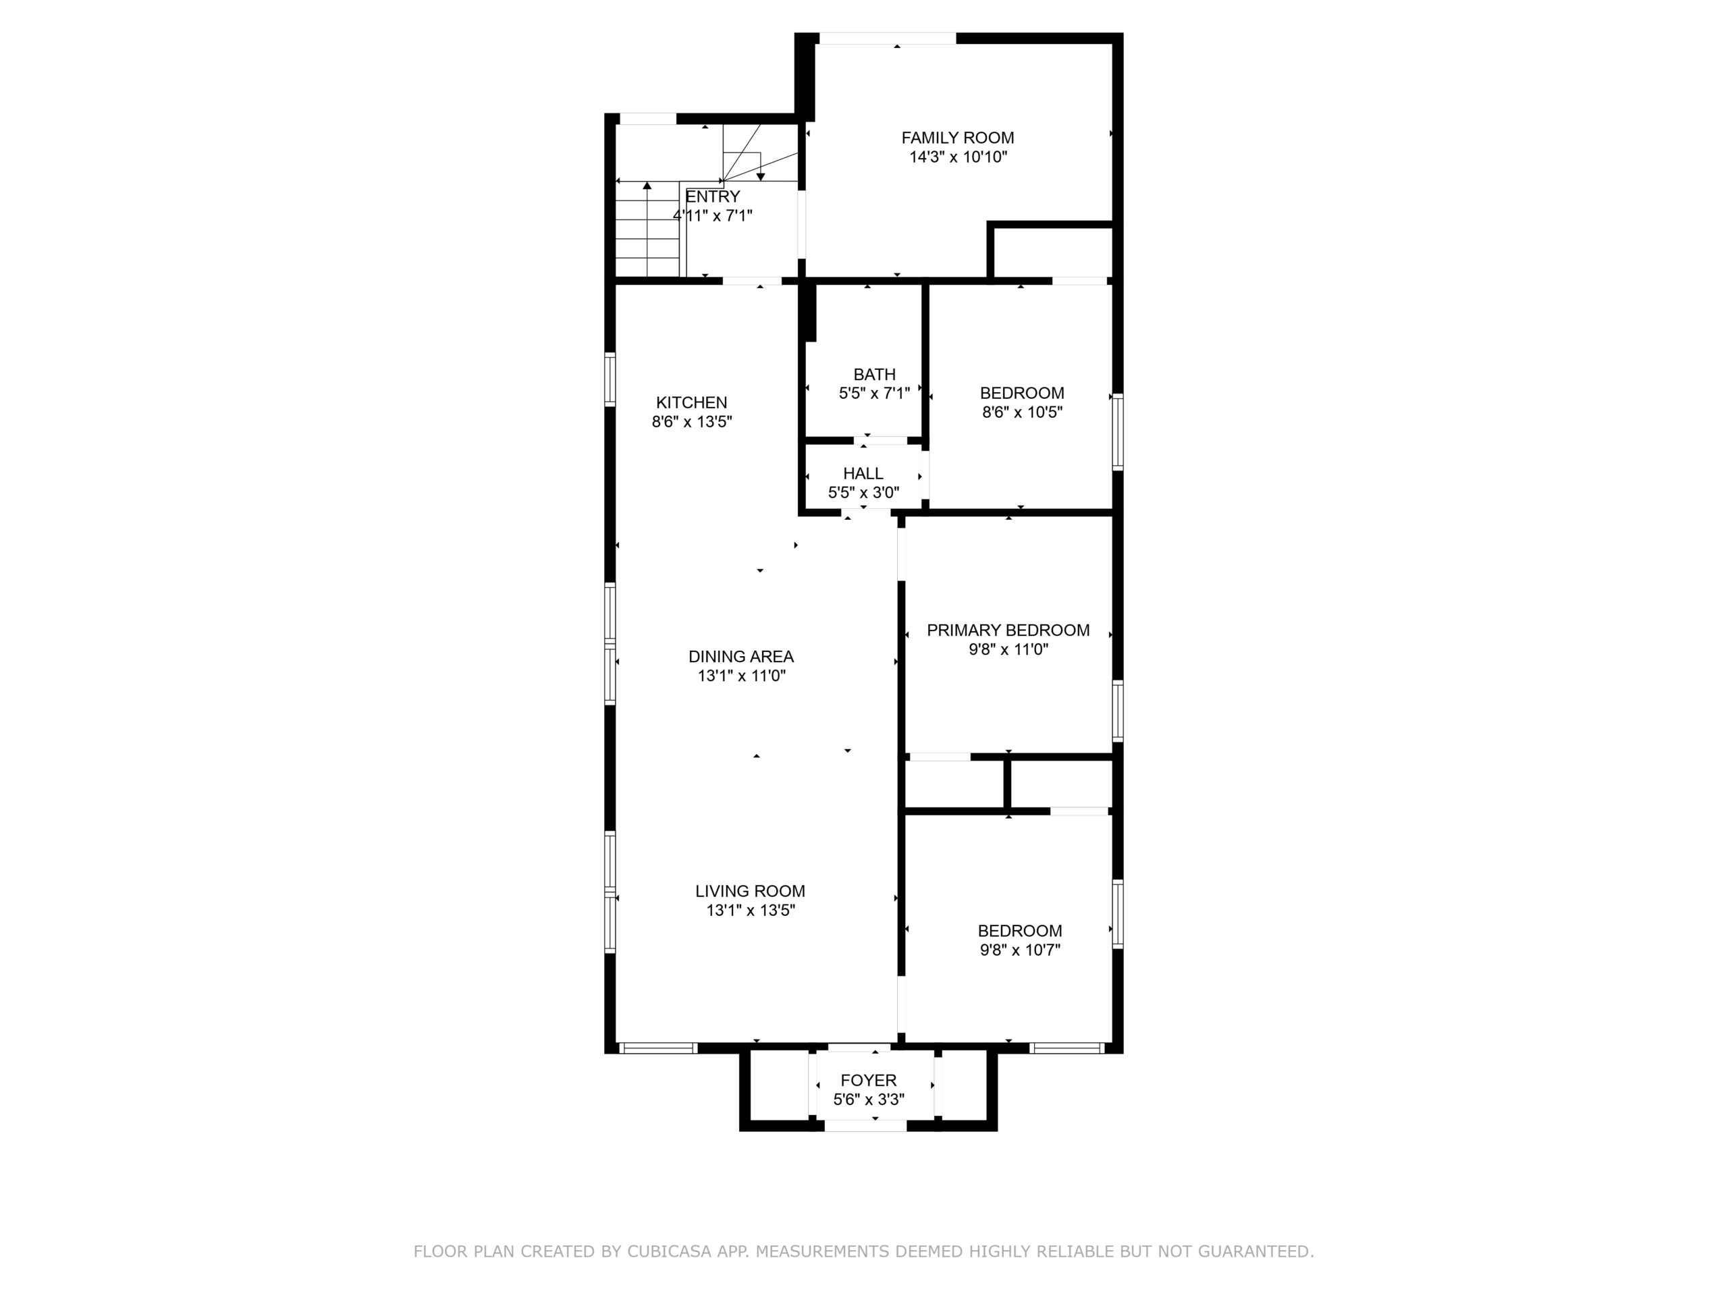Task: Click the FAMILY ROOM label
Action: coord(958,138)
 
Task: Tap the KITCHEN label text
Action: coord(691,402)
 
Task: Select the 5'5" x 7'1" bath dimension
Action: coord(874,394)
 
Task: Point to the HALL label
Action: coord(863,473)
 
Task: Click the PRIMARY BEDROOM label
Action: coord(1008,630)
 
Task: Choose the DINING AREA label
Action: coord(740,657)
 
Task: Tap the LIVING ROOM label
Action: coord(750,892)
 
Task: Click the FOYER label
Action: coord(869,1081)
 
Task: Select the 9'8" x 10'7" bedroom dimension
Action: coord(1020,950)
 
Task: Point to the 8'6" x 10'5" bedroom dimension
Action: coord(1022,412)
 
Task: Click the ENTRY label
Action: coord(712,197)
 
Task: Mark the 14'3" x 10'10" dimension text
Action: coord(958,157)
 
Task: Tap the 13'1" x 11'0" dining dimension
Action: coord(741,676)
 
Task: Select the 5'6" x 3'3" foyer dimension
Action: coord(869,1100)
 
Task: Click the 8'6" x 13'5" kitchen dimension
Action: coord(692,422)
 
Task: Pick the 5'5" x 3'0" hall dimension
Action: coord(863,493)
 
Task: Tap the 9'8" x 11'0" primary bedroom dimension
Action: coord(1008,650)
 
